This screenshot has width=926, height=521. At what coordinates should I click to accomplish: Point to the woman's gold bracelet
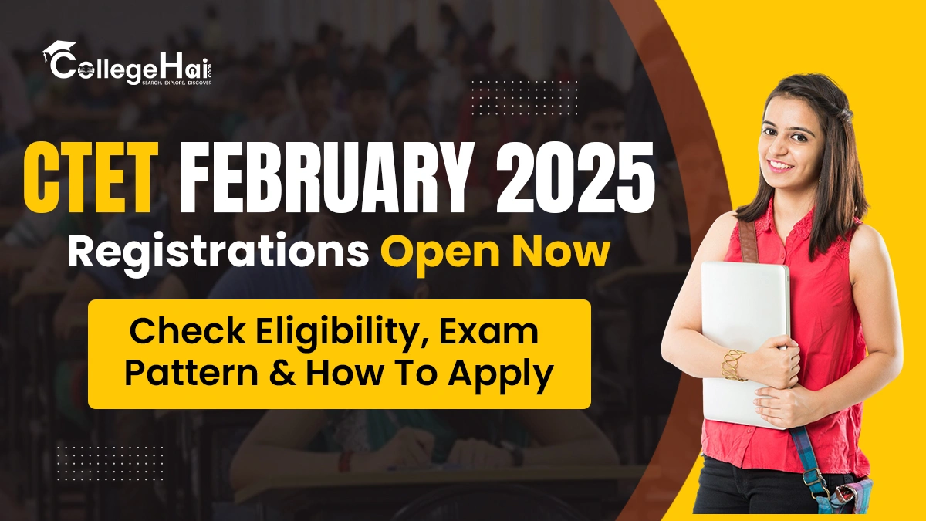pyautogui.click(x=732, y=364)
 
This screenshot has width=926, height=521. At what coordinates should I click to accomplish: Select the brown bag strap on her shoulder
pyautogui.click(x=747, y=239)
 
